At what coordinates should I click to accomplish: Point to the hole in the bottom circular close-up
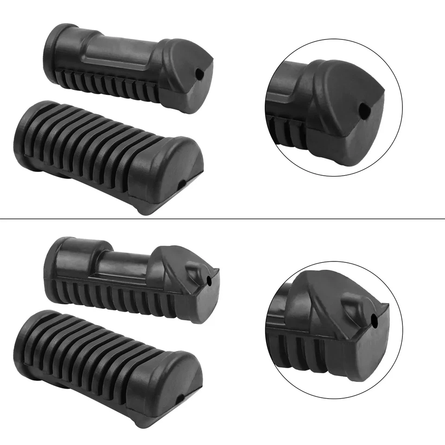pos(375,319)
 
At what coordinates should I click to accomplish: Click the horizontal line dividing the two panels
pos(222,218)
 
